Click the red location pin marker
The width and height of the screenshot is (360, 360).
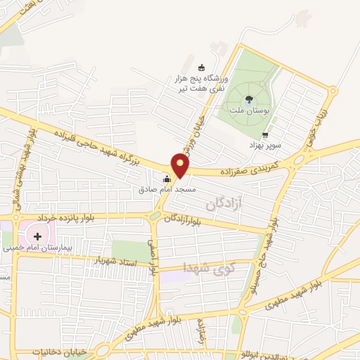pos(181,165)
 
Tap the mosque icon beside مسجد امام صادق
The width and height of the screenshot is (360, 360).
pos(167,179)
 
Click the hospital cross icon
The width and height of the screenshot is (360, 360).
pos(37,236)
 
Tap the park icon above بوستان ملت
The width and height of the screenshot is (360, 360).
pos(250,99)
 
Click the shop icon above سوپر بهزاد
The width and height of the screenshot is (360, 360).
pos(264,135)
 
